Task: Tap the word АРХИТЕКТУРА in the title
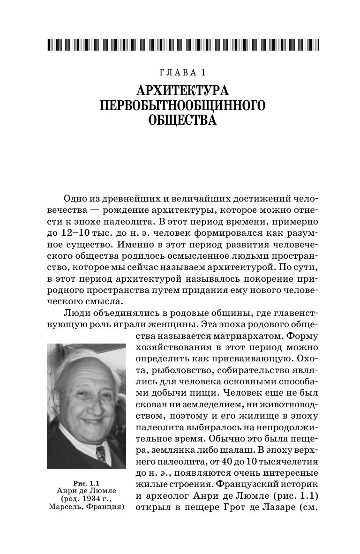pos(183,91)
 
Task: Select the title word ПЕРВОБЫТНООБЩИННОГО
pos(183,106)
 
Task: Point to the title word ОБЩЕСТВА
pos(183,121)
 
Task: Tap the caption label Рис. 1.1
pos(86,482)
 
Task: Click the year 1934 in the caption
pos(99,499)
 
